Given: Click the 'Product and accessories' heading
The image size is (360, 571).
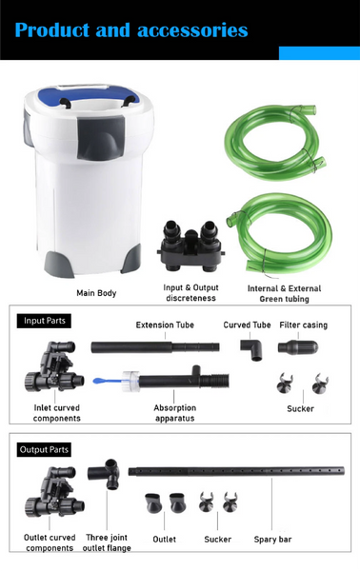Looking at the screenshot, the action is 131,30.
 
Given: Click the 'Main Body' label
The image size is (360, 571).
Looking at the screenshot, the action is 96,293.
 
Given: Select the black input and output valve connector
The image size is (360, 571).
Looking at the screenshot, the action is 190,246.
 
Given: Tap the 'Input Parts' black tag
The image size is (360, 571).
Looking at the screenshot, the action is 44,321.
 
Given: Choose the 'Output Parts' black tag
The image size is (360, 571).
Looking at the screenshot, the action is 44,450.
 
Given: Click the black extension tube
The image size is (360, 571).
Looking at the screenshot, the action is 155,347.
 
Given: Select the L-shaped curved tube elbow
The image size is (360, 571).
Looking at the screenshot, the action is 251,348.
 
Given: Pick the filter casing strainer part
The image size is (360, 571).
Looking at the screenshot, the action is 298,346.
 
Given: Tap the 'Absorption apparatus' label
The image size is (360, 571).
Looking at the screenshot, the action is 174,413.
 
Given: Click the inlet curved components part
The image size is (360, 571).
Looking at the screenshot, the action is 54,366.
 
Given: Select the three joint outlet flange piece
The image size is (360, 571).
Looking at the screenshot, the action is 104,473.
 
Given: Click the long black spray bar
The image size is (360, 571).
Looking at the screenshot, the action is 236,471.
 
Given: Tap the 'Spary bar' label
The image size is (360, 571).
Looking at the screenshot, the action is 273,540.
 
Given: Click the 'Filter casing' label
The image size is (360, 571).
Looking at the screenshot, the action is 304,325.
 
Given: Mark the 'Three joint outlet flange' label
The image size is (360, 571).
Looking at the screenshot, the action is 107,542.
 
